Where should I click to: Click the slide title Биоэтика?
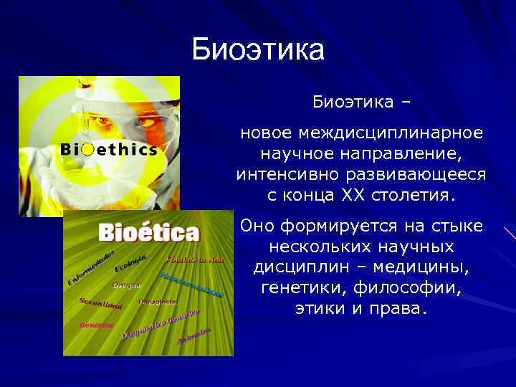(x=258, y=49)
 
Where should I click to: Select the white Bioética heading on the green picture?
(x=149, y=233)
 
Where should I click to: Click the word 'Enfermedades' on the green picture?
(x=90, y=267)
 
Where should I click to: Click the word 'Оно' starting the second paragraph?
(x=257, y=226)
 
